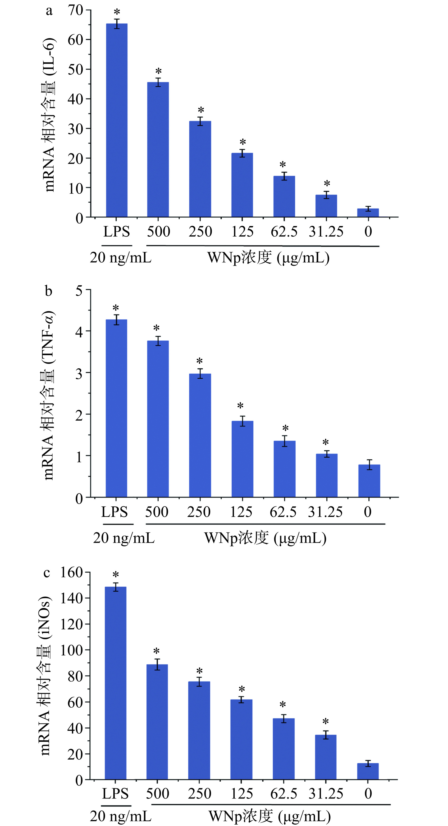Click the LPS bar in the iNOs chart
pyautogui.click(x=115, y=683)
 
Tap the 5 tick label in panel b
pyautogui.click(x=79, y=291)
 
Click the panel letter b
pyautogui.click(x=48, y=291)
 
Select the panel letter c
pyautogui.click(x=47, y=572)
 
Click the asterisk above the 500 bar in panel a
pyautogui.click(x=158, y=71)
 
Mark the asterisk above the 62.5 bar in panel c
pyautogui.click(x=283, y=705)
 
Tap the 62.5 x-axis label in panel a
pyautogui.click(x=284, y=232)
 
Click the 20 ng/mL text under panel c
pyautogui.click(x=120, y=816)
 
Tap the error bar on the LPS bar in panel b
pyautogui.click(x=117, y=320)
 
